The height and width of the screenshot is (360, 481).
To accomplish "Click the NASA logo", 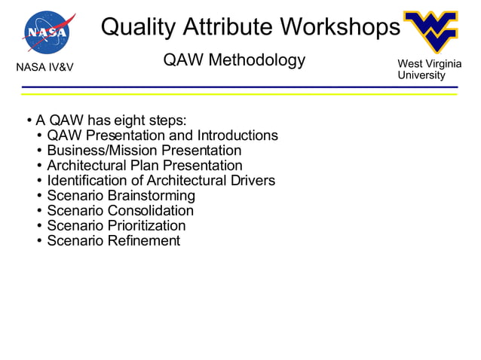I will [x=48, y=32].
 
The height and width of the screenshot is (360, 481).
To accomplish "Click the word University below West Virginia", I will [x=421, y=75].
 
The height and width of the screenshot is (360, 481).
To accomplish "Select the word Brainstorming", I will [x=152, y=196].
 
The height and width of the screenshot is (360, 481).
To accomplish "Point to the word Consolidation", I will [x=151, y=211].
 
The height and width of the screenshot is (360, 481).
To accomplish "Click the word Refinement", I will [x=144, y=241].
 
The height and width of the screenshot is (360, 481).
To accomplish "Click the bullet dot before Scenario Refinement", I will [x=38, y=241].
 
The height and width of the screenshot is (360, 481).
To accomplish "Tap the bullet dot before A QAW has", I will [x=28, y=121].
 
